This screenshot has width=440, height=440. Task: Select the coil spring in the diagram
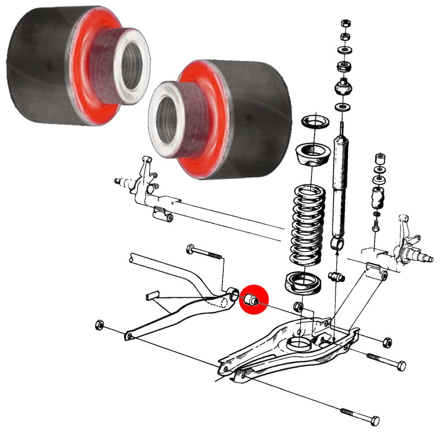pyautogui.click(x=308, y=227)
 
